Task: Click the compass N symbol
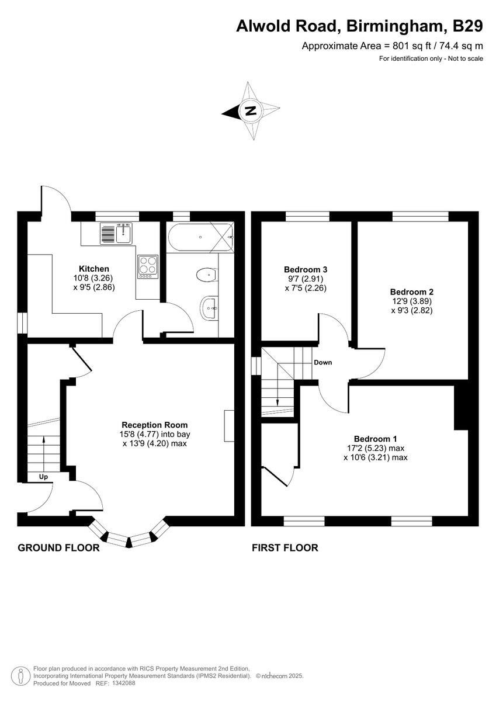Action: [251, 111]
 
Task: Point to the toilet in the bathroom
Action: [206, 275]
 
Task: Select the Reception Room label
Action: [154, 425]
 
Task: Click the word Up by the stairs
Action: [44, 477]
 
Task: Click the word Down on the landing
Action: [322, 362]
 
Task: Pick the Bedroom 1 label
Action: [375, 439]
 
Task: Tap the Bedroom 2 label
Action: [412, 291]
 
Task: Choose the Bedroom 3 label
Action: [306, 269]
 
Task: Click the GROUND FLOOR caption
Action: [58, 548]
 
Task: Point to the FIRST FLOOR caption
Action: [285, 548]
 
